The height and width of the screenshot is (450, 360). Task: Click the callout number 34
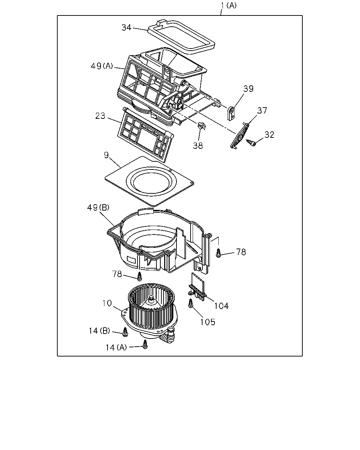point(126,27)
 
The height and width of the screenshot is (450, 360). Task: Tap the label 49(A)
point(102,66)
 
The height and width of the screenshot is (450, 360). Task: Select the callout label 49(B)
point(98,207)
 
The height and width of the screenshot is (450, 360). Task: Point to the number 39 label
point(248,89)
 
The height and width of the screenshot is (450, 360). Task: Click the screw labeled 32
point(251,143)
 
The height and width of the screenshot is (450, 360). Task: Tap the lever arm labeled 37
point(240,136)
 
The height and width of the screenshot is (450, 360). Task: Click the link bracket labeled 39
point(231,114)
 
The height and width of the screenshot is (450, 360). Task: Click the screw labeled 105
point(191,303)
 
